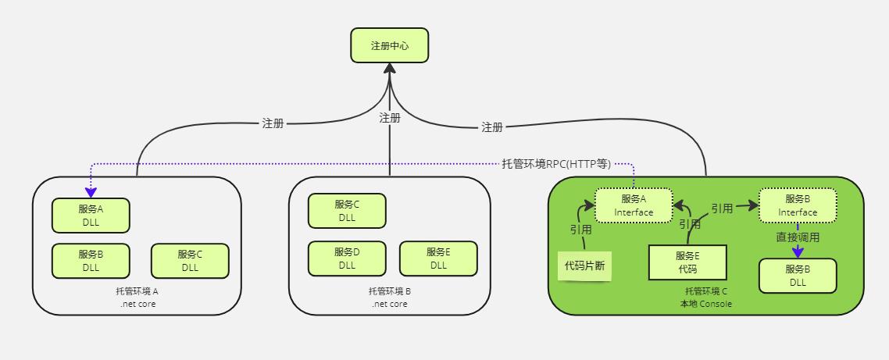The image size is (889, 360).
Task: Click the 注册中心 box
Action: point(390,45)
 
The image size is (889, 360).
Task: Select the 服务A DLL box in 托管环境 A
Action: point(91,216)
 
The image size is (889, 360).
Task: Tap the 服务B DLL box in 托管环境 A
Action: point(91,261)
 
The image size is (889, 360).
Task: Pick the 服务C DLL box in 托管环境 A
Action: point(190,261)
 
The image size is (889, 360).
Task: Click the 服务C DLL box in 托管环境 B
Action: point(347,211)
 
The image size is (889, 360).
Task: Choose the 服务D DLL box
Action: point(347,258)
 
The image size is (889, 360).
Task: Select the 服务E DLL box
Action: point(438,258)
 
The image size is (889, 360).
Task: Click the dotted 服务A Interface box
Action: point(634,205)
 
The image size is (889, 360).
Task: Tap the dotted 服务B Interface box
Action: point(798,205)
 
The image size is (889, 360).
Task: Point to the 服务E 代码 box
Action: point(687,262)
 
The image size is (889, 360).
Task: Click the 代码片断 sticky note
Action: point(585,266)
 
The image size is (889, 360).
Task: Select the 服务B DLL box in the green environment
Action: point(798,276)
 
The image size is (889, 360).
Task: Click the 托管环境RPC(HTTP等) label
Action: point(556,164)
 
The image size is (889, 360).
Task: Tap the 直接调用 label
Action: point(798,237)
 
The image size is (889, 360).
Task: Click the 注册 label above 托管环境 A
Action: point(273,123)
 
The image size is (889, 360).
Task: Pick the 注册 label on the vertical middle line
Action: point(390,118)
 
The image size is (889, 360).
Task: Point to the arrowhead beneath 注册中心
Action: point(390,68)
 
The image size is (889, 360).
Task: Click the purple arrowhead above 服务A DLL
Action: point(91,193)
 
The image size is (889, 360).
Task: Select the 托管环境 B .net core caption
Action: point(390,298)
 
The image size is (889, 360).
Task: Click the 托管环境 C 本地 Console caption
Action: point(706,298)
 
